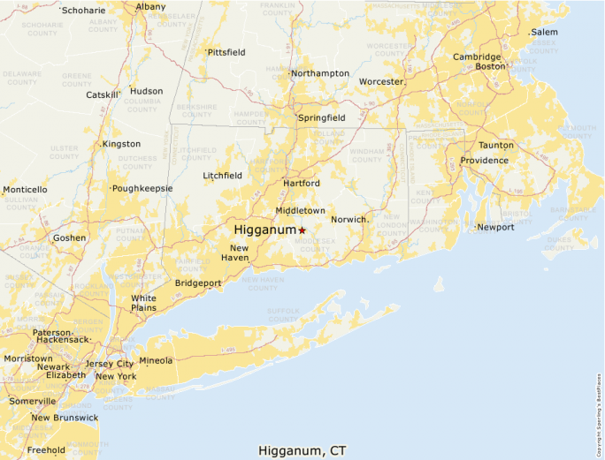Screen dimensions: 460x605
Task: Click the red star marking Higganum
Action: point(302,230)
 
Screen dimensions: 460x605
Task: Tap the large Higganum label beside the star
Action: point(264,230)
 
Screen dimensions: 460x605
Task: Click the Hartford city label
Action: point(301,183)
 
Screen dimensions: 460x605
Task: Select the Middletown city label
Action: point(300,211)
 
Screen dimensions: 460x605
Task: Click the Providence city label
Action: point(484,161)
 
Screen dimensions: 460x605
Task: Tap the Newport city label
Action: point(495,227)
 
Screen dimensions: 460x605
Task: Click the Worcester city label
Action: point(381,82)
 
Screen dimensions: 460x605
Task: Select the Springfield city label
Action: point(322,117)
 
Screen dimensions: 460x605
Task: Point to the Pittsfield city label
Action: point(226,52)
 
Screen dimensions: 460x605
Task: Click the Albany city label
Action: point(150,6)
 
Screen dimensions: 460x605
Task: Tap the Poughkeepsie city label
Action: point(142,189)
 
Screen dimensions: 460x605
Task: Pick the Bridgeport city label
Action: point(198,283)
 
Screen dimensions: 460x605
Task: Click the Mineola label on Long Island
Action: point(156,360)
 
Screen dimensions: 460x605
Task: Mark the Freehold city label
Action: point(46,449)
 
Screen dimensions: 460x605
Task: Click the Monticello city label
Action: point(25,190)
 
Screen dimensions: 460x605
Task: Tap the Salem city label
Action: point(544,33)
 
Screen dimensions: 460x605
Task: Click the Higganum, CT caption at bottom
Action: point(302,450)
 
